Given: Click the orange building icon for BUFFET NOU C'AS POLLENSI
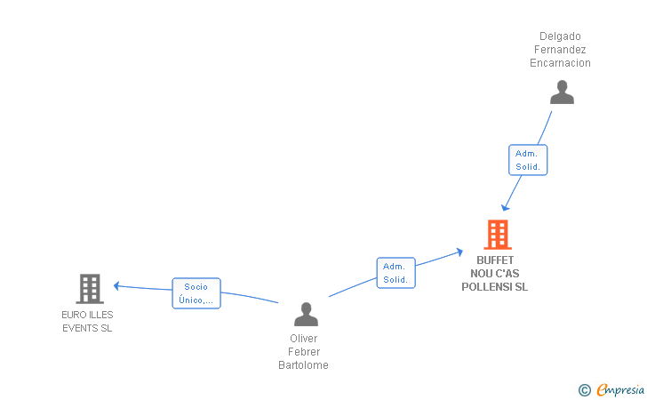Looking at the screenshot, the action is click(x=498, y=235).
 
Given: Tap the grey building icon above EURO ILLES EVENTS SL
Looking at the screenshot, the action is click(x=90, y=289).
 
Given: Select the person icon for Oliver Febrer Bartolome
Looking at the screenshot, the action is click(x=306, y=314).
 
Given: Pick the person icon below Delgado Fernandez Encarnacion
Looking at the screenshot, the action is click(x=562, y=92).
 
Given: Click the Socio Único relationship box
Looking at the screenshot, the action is click(x=196, y=293).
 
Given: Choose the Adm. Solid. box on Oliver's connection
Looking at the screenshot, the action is click(x=396, y=273).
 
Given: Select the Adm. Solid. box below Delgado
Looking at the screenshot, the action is click(x=528, y=160).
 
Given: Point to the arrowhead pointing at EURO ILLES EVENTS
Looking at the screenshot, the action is click(x=116, y=285).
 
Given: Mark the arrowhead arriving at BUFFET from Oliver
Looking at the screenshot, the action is click(x=459, y=252).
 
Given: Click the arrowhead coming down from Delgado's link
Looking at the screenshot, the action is click(x=505, y=207).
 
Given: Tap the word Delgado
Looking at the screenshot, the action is click(x=560, y=36).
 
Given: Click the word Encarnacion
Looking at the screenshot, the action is click(x=560, y=63).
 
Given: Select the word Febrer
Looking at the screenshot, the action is click(x=304, y=352).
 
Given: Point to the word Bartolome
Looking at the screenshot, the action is click(x=303, y=365).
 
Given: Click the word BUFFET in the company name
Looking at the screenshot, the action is click(x=495, y=260).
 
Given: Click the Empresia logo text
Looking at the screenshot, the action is click(x=620, y=389).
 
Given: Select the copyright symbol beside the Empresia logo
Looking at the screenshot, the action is click(x=585, y=390).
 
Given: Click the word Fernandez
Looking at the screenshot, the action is click(x=560, y=50).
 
